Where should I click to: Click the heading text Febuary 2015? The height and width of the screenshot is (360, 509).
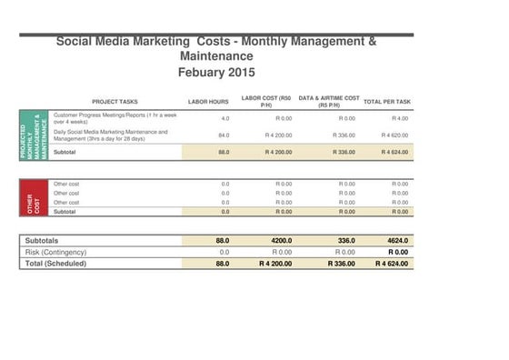point(216,72)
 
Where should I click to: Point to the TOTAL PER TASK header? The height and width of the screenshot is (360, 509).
point(387,102)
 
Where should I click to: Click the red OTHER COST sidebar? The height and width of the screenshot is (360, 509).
point(33,197)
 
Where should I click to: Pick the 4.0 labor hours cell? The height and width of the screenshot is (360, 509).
point(225,118)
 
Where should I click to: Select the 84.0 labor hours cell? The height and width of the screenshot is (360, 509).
point(224,135)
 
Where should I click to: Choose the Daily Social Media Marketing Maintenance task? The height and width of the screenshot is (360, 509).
point(111,135)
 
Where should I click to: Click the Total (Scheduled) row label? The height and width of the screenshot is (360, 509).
point(55,263)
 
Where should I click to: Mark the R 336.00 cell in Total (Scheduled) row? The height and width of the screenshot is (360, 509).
point(340,263)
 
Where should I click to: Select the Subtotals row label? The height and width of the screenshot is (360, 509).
point(44,240)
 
